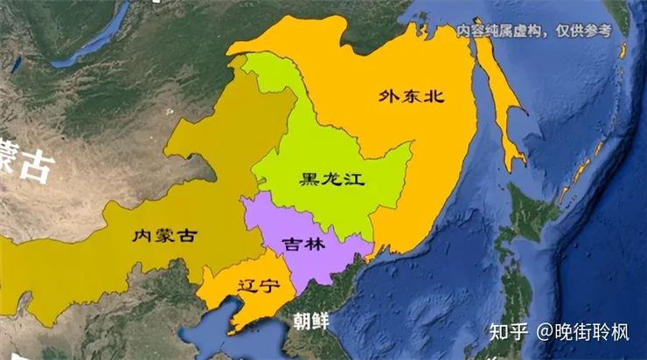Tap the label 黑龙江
click(x=331, y=180)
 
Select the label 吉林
click(x=306, y=245)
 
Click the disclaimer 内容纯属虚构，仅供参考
click(x=533, y=31)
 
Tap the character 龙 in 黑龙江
click(x=331, y=180)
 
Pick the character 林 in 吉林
click(x=316, y=245)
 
